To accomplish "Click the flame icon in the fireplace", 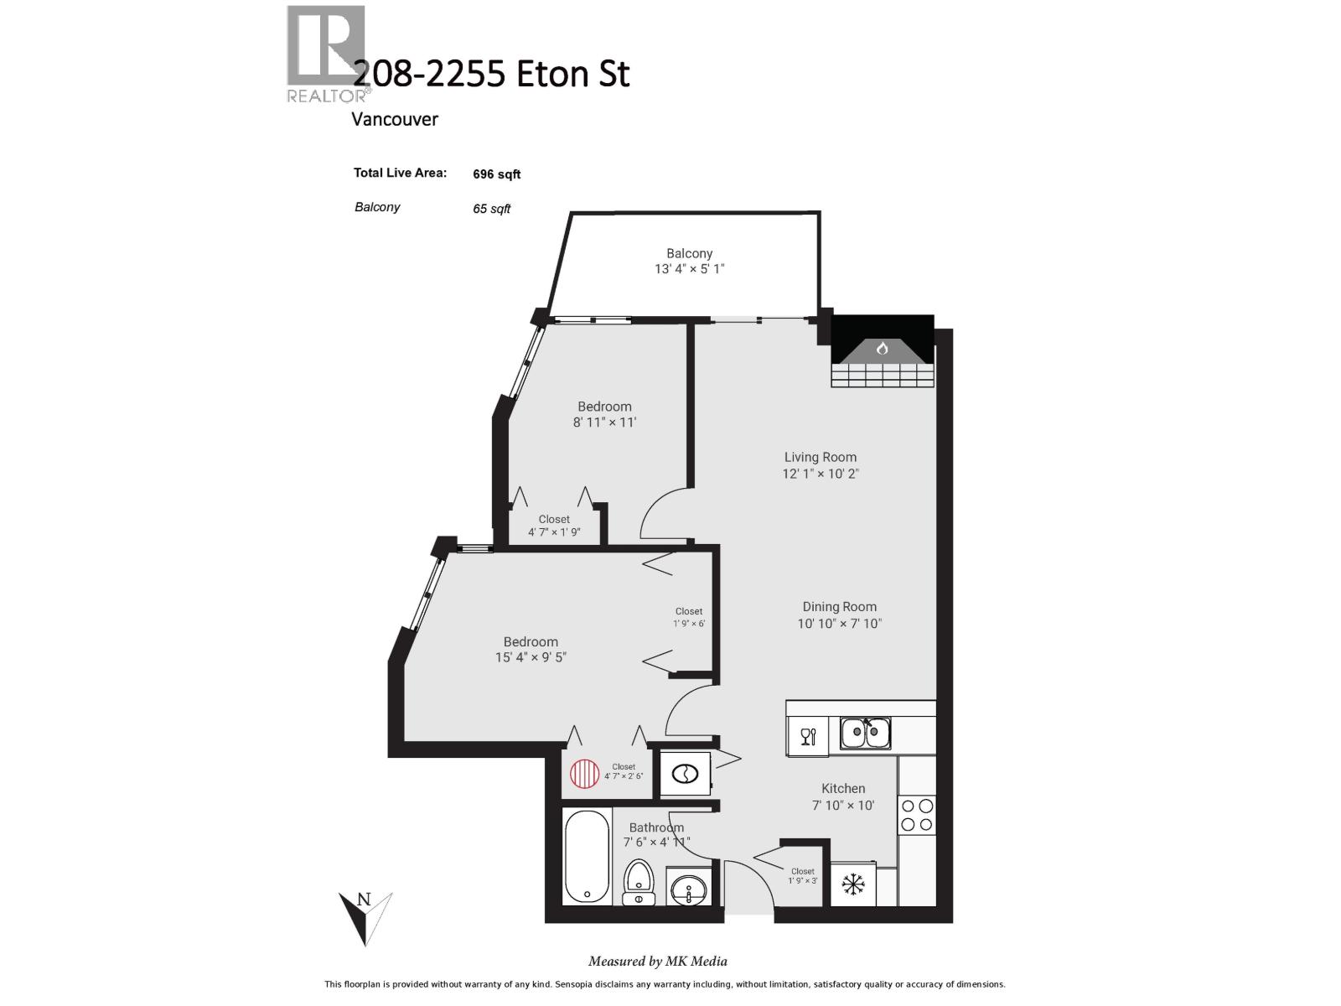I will (x=882, y=349).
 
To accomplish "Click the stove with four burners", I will (x=917, y=814).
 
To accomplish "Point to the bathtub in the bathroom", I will (x=586, y=856).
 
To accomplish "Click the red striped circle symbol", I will (x=585, y=773).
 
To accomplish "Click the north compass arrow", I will (x=365, y=917).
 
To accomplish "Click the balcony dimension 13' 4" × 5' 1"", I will (x=689, y=269).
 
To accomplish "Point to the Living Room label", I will (x=820, y=457).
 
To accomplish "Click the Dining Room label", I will (x=839, y=606).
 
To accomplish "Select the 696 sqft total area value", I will (x=496, y=174).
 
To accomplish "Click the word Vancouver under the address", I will (x=394, y=119).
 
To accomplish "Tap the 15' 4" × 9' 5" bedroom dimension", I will (x=531, y=658).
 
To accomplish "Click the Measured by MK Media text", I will (x=657, y=962).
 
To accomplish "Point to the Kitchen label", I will (x=842, y=788).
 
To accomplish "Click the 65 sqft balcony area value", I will (x=491, y=209).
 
